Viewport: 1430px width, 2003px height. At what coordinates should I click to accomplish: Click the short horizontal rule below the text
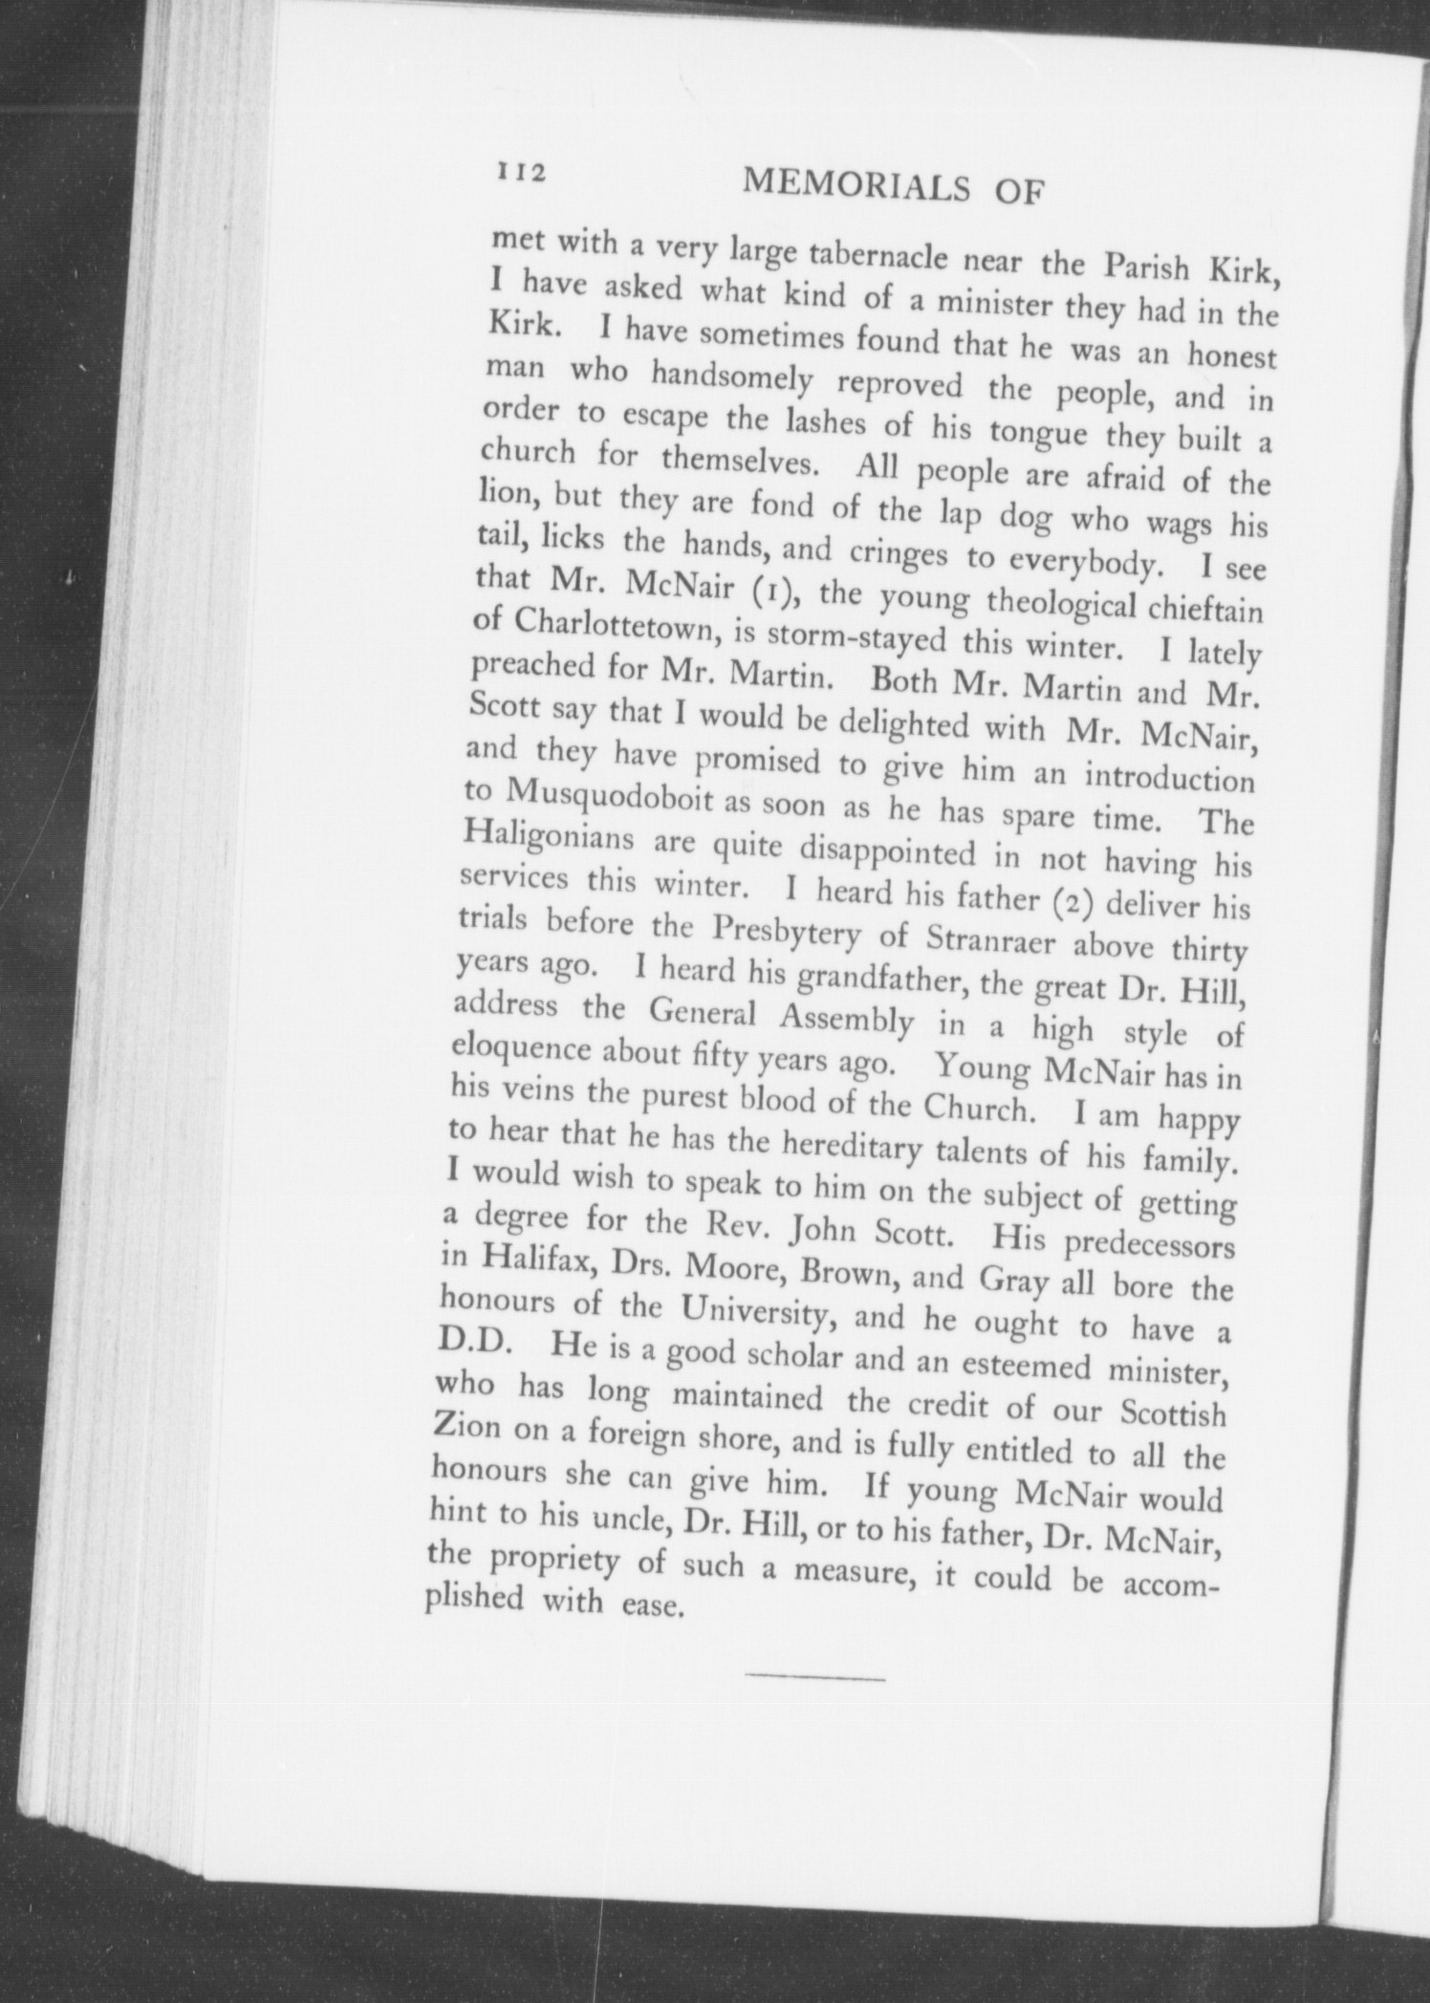pyautogui.click(x=815, y=1677)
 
